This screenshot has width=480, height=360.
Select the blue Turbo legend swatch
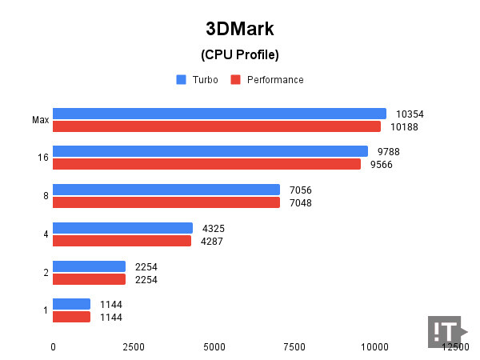(x=181, y=79)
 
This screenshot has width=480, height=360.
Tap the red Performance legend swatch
(x=235, y=79)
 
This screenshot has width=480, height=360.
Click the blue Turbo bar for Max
(x=219, y=114)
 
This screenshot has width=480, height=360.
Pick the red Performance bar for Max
(x=217, y=126)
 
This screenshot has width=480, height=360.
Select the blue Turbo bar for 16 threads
(x=210, y=151)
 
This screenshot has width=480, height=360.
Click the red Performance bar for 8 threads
(x=166, y=202)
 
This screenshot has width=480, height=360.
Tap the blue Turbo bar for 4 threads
(x=122, y=228)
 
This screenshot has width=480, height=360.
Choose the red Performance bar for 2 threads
(x=89, y=279)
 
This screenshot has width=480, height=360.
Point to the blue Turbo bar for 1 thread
(x=71, y=304)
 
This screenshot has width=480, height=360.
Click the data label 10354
(x=409, y=114)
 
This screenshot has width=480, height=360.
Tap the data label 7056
(x=300, y=190)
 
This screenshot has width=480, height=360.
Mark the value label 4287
(x=213, y=241)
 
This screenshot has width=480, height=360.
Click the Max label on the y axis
(x=41, y=120)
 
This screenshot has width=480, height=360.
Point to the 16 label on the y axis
(x=43, y=158)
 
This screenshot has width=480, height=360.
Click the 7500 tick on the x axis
(x=294, y=347)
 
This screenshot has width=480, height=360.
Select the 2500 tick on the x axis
(x=134, y=347)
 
